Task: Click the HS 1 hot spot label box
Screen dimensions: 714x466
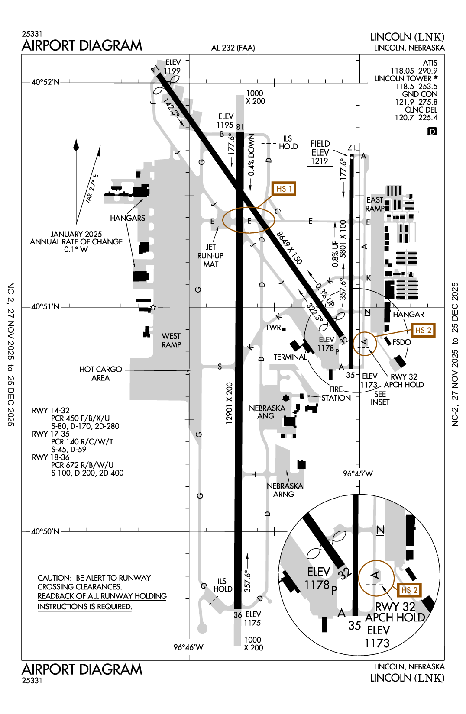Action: pos(284,189)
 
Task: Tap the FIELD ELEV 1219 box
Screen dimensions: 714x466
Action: pos(320,152)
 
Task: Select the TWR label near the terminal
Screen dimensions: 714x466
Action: pos(274,328)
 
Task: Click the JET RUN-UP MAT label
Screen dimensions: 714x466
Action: pos(210,256)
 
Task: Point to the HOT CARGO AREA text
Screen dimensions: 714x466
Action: pos(100,373)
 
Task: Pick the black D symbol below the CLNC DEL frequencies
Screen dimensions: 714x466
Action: pos(432,131)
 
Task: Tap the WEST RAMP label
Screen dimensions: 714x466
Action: pos(171,341)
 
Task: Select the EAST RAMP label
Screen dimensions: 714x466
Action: pos(375,204)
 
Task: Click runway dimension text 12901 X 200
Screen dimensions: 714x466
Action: pos(229,403)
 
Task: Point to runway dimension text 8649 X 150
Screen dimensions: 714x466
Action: pos(289,248)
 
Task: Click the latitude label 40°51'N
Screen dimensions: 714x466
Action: pos(45,307)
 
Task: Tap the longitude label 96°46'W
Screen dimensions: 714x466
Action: pos(188,647)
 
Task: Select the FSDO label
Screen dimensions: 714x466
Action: pos(401,342)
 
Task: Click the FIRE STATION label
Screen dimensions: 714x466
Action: pos(336,394)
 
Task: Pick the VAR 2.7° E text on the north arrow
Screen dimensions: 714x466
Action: pos(91,189)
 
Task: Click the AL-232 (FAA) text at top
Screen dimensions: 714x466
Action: pos(233,48)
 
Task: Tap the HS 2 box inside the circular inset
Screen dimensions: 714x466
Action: pos(409,590)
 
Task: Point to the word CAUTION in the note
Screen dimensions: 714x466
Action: pos(54,578)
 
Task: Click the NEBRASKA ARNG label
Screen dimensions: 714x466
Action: pos(285,490)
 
